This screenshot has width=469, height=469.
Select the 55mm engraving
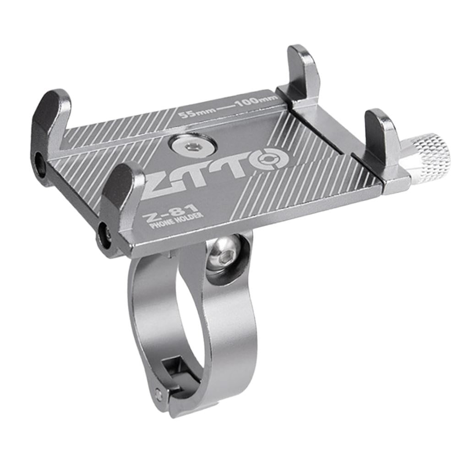point(196,113)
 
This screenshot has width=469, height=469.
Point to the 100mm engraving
point(255,102)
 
